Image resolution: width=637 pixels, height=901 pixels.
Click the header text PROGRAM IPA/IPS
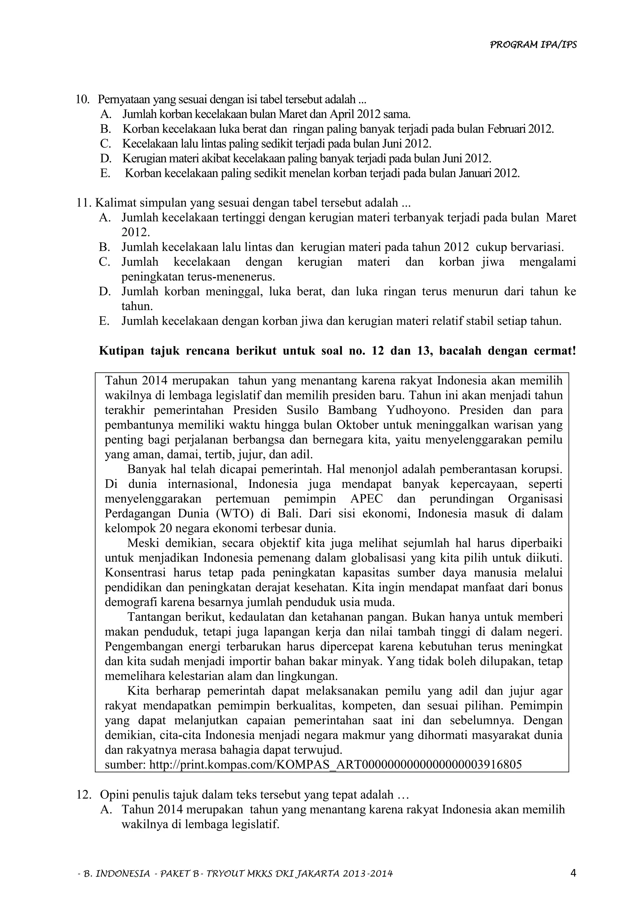[533, 45]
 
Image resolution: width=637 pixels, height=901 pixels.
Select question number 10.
[83, 99]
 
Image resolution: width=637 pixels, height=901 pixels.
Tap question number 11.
[84, 203]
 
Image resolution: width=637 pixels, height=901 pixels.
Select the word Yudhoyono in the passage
[417, 410]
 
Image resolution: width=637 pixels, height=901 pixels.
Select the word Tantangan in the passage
[153, 617]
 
